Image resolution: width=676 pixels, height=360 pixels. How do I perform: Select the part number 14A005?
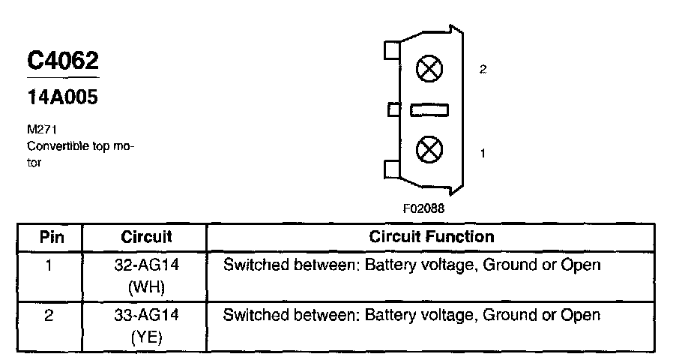[x=62, y=97]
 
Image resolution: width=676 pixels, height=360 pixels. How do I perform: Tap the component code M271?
[x=38, y=129]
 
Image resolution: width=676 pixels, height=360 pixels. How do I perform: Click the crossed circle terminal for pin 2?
[x=429, y=70]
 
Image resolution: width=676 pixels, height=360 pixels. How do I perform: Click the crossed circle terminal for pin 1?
[x=429, y=148]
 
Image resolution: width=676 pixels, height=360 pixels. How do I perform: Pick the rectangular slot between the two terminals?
[x=429, y=110]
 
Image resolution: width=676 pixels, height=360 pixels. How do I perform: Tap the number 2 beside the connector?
[x=483, y=69]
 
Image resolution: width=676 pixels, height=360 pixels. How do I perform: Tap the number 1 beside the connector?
[x=483, y=153]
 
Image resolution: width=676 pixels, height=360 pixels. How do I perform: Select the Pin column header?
[x=52, y=237]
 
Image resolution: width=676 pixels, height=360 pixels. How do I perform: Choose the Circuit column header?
[x=146, y=237]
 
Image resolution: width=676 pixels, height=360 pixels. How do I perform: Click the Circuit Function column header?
[x=432, y=237]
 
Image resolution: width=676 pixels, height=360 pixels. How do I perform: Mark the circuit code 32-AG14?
[x=147, y=265]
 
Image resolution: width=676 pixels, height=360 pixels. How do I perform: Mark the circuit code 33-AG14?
[x=147, y=315]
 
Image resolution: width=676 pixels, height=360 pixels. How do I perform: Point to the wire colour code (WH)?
[x=147, y=286]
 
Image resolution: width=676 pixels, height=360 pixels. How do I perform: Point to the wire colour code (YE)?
[x=147, y=337]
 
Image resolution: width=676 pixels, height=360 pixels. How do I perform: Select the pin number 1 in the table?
[x=49, y=265]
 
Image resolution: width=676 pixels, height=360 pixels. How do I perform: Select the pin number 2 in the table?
[x=49, y=315]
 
